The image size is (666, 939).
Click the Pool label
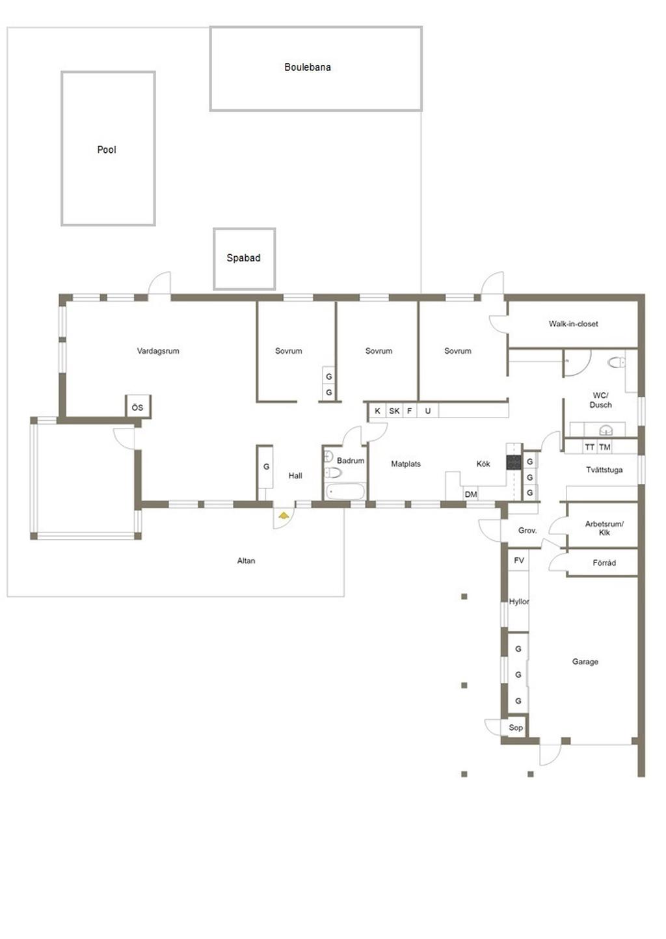click(x=107, y=150)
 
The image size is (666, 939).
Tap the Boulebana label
click(x=308, y=67)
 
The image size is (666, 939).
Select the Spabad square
click(x=244, y=259)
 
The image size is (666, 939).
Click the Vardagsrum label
click(x=158, y=351)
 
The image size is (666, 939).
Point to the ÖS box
click(x=138, y=407)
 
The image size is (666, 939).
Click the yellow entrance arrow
click(x=284, y=515)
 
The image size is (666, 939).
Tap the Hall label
click(x=295, y=475)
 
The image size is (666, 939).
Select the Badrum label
click(x=351, y=460)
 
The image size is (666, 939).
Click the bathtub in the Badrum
click(x=345, y=491)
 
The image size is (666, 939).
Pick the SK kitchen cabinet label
click(x=394, y=411)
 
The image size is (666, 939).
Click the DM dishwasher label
click(x=471, y=494)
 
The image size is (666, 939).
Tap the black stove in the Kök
click(x=514, y=462)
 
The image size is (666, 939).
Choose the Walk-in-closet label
click(x=573, y=324)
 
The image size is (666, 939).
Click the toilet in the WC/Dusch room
click(x=617, y=363)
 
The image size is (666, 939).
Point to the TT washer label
click(x=590, y=447)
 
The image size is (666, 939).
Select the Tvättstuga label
click(x=604, y=470)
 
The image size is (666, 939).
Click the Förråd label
click(x=604, y=563)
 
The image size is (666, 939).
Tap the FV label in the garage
click(x=519, y=561)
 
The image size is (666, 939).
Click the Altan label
click(x=246, y=561)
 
